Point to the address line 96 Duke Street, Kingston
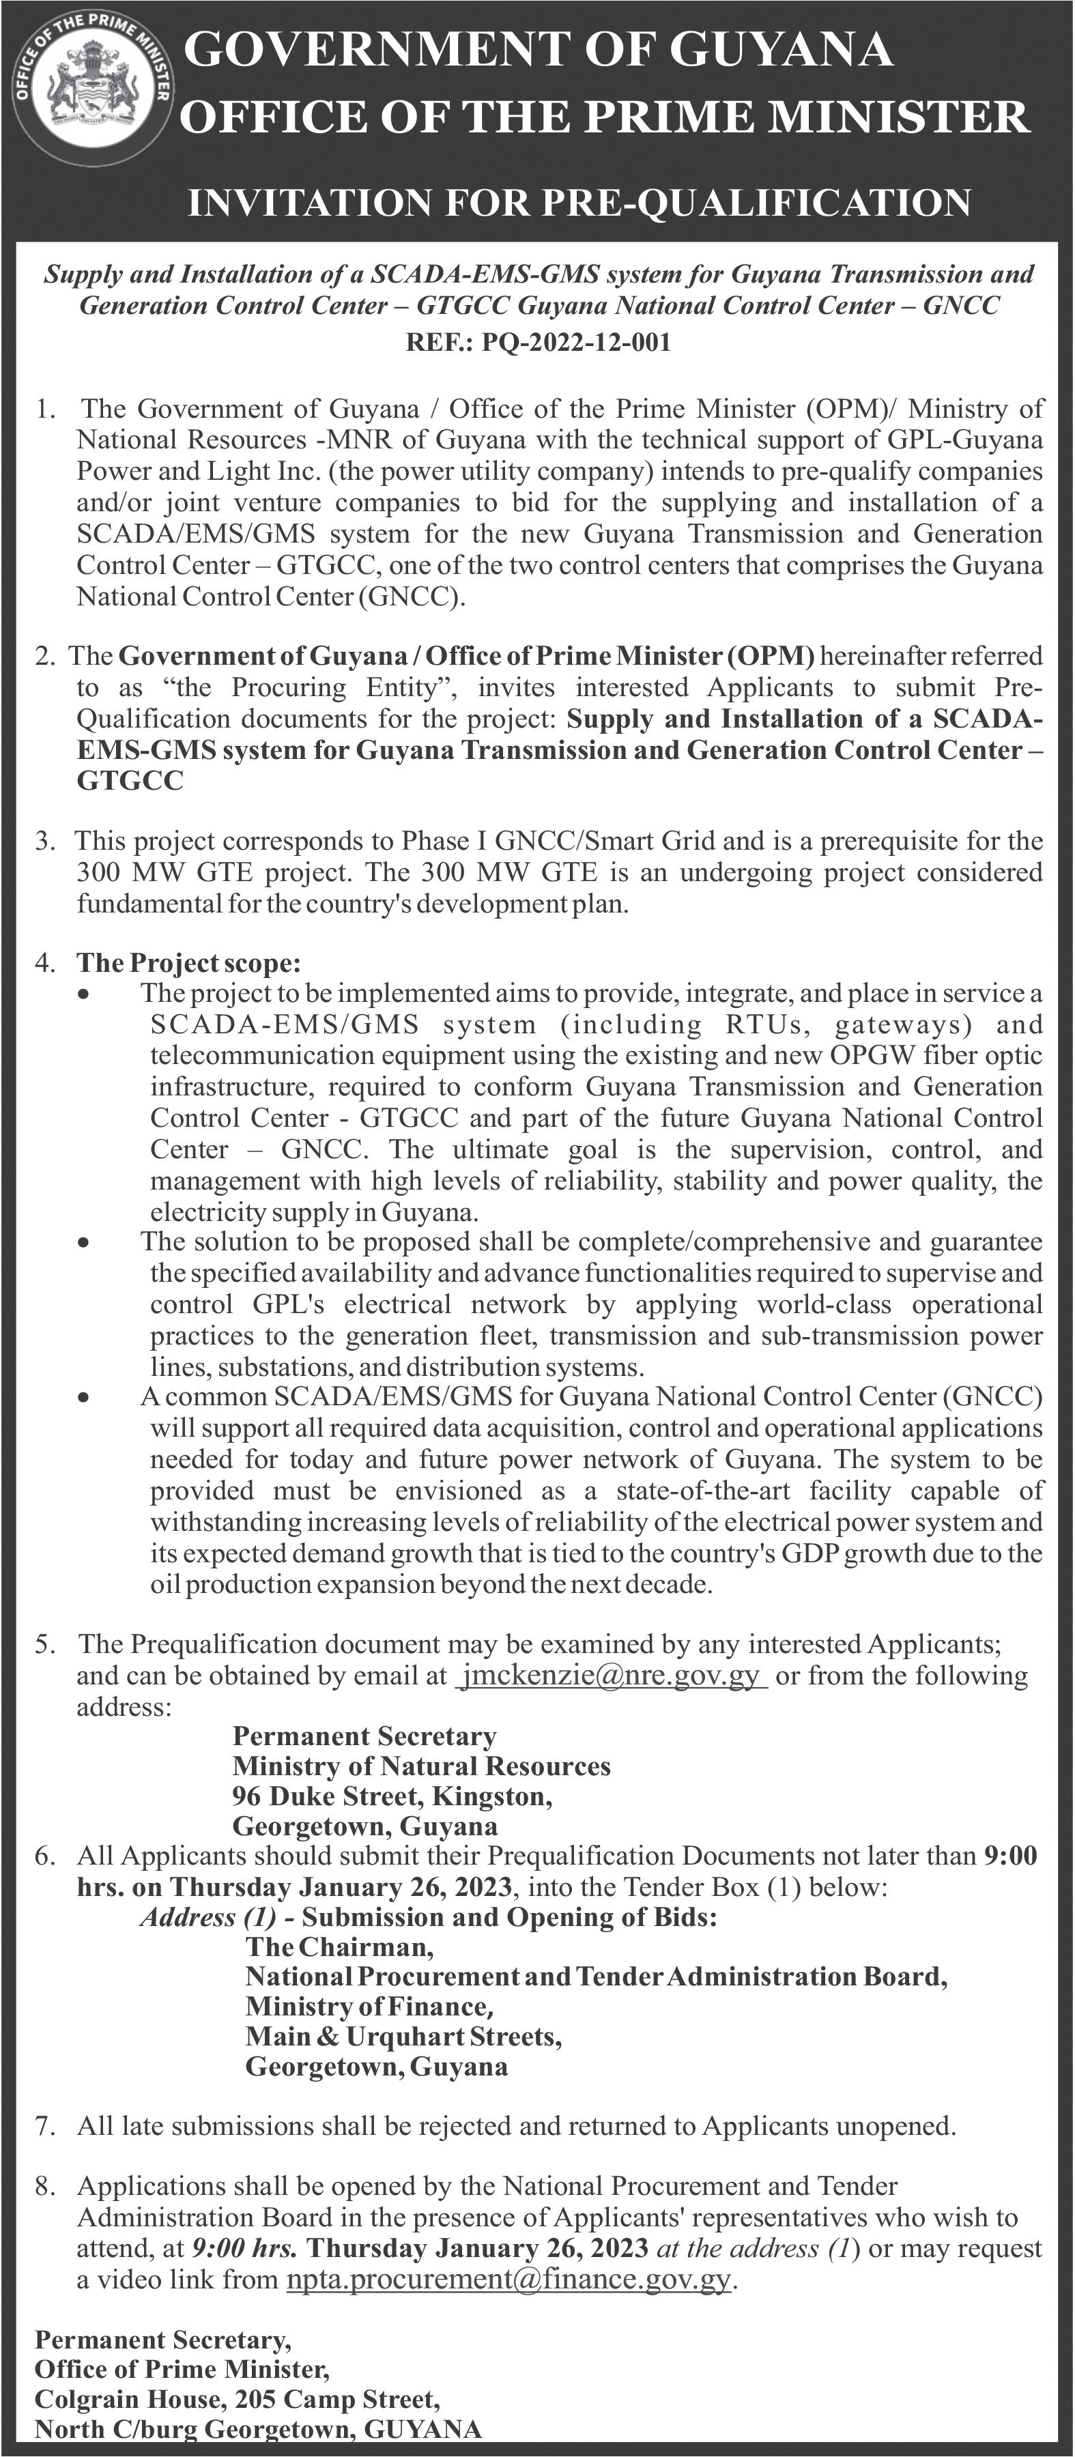[x=392, y=1796]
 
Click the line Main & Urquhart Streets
[x=403, y=2037]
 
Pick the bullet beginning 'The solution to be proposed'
[x=85, y=1244]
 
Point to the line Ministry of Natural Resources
[x=420, y=1766]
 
